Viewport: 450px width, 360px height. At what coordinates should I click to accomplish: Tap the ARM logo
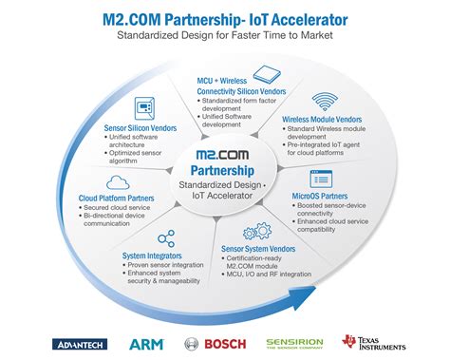click(x=147, y=343)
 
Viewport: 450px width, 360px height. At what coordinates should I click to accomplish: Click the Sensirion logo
click(x=294, y=343)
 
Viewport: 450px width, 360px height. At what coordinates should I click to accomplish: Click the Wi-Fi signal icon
click(x=325, y=101)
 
